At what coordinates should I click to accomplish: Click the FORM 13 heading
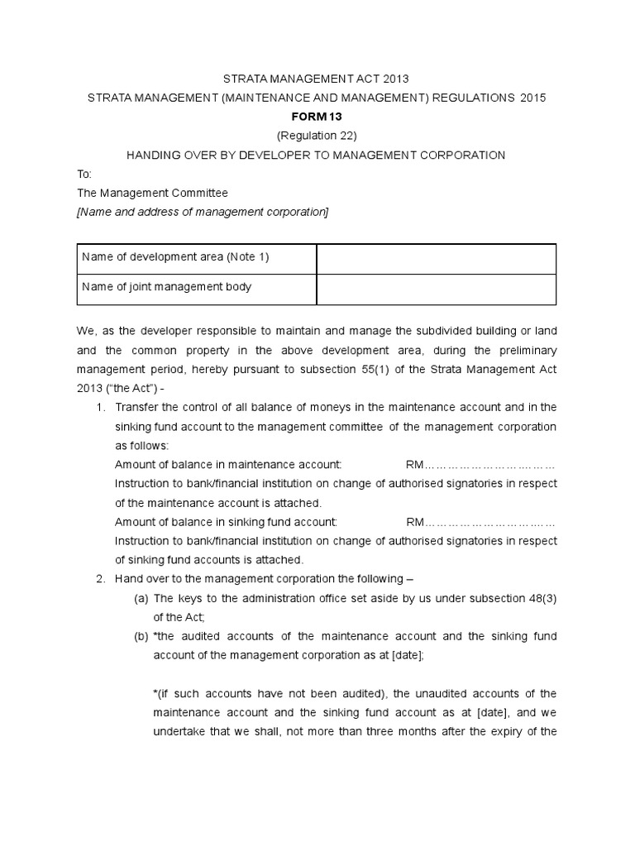click(x=317, y=117)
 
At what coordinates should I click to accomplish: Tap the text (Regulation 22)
click(x=317, y=136)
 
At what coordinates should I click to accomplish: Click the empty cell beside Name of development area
click(x=437, y=258)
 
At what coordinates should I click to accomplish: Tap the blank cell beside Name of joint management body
click(x=437, y=289)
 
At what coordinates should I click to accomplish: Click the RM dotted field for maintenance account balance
click(x=480, y=465)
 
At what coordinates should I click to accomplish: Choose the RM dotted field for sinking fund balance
click(x=480, y=522)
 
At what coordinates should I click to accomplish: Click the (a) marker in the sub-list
click(x=141, y=598)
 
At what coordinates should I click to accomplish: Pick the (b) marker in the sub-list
click(x=141, y=636)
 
